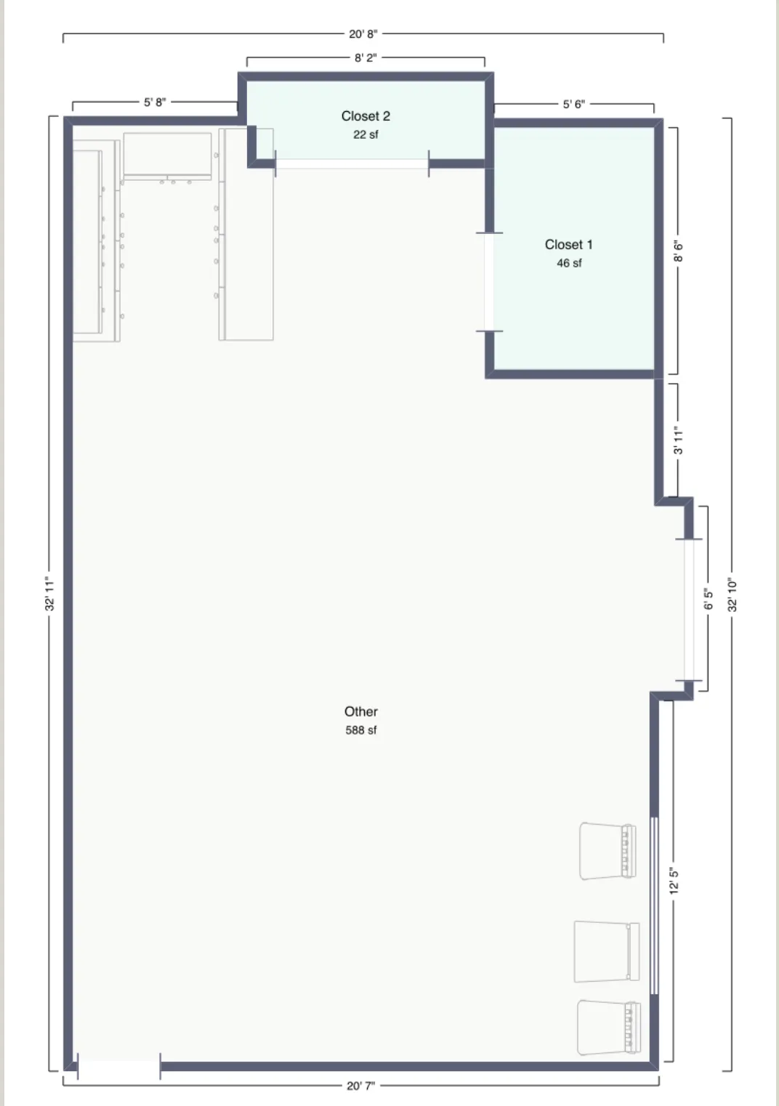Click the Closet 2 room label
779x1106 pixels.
pyautogui.click(x=366, y=116)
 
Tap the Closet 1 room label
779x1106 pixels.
pyautogui.click(x=568, y=245)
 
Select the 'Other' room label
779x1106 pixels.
pyautogui.click(x=361, y=712)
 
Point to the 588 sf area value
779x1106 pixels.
pyautogui.click(x=361, y=730)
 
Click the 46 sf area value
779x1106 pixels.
pyautogui.click(x=569, y=263)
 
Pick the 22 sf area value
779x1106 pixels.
pyautogui.click(x=366, y=134)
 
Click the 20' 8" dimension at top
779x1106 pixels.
pyautogui.click(x=363, y=34)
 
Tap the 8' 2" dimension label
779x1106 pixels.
pyautogui.click(x=366, y=57)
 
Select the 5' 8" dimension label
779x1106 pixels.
pyautogui.click(x=155, y=102)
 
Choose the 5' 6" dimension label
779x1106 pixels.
pyautogui.click(x=574, y=104)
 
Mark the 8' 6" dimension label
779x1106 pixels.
pyautogui.click(x=678, y=251)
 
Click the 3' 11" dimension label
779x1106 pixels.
pyautogui.click(x=678, y=440)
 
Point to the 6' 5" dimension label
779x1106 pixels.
pyautogui.click(x=708, y=600)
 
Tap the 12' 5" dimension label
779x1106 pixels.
pyautogui.click(x=674, y=881)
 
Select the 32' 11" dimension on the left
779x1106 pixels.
pyautogui.click(x=50, y=594)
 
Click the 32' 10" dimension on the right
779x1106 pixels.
pyautogui.click(x=732, y=594)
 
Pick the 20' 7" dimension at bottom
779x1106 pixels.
pyautogui.click(x=361, y=1086)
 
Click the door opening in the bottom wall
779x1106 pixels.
pyautogui.click(x=118, y=1067)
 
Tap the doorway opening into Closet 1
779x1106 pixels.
pyautogui.click(x=489, y=282)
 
